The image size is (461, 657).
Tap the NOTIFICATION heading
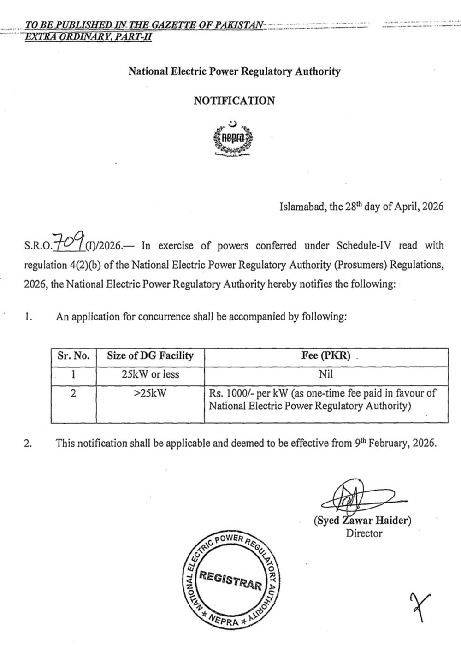(234, 101)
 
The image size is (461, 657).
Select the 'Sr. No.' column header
(73, 356)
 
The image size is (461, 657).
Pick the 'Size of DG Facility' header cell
(150, 356)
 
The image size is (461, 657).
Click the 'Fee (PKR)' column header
(325, 356)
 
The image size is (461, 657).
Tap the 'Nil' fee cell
(325, 374)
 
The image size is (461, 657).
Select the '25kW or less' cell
(150, 374)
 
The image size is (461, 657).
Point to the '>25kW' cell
(150, 394)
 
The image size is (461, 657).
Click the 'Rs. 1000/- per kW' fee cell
(322, 399)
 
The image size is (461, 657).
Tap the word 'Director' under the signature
(364, 533)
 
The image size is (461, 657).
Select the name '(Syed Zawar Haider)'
(362, 521)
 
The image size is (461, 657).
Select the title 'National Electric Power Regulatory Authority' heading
(234, 71)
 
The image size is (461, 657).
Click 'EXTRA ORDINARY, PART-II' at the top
(89, 36)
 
